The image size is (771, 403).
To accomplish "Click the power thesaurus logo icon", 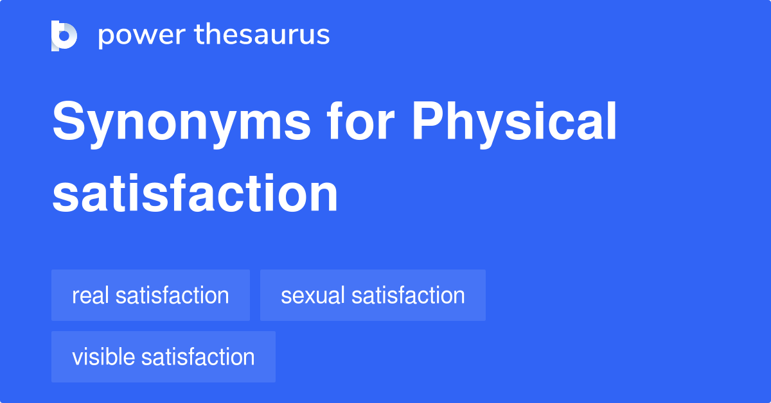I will pyautogui.click(x=64, y=35).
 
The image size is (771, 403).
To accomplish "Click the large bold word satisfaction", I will pyautogui.click(x=195, y=193).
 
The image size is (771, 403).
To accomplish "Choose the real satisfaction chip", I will pyautogui.click(x=150, y=295).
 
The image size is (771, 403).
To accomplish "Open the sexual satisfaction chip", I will pyautogui.click(x=373, y=295).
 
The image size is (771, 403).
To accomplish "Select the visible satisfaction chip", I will pyautogui.click(x=163, y=357).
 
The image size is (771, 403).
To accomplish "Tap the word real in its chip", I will pyautogui.click(x=92, y=295).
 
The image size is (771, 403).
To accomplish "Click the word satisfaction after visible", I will pyautogui.click(x=198, y=357).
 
